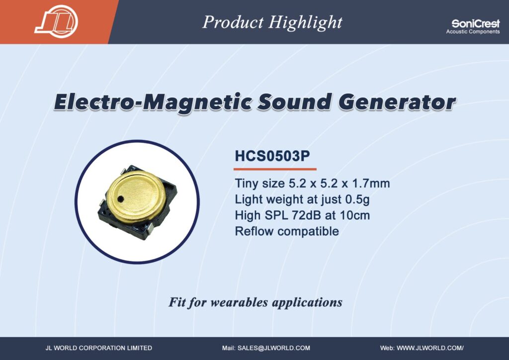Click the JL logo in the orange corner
57,21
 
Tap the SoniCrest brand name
476,23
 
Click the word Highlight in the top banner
306,23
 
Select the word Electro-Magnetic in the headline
153,102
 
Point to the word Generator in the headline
397,102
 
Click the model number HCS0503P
272,156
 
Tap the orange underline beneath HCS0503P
275,169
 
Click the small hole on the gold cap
121,198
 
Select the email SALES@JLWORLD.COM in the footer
274,348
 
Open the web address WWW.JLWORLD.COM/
430,348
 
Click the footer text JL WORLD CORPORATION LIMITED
99,348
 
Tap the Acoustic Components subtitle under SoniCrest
473,31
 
